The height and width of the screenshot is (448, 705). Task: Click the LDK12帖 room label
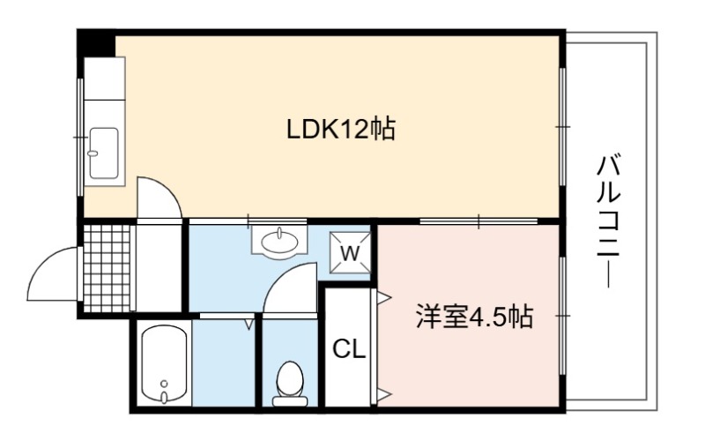tap(341, 129)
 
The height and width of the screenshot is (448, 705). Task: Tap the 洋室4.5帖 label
tap(475, 317)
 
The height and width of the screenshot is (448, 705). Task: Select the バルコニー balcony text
tap(609, 220)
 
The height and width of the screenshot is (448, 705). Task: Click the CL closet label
tap(349, 348)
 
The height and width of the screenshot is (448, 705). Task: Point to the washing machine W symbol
tap(350, 253)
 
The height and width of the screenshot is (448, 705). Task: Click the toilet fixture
tap(290, 383)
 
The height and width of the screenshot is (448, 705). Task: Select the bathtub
tap(164, 363)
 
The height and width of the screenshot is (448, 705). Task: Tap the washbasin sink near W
tap(279, 243)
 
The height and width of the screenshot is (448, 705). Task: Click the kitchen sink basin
tap(104, 153)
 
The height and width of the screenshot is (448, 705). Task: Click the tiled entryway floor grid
tap(107, 268)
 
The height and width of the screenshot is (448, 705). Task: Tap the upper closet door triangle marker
tap(385, 297)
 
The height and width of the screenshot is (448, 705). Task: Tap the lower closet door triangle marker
tap(385, 395)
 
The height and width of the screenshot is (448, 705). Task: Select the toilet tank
tap(290, 401)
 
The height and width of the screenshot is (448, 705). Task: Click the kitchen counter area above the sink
tap(104, 78)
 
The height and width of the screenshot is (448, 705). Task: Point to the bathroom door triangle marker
tap(249, 324)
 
